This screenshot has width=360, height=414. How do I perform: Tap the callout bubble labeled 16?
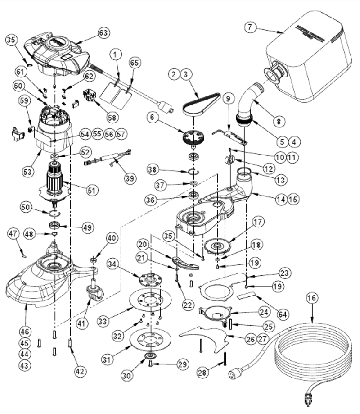[x=314, y=298]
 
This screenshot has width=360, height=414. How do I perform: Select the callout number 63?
[x=104, y=32]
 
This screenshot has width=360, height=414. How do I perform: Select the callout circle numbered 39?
[x=130, y=178]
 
